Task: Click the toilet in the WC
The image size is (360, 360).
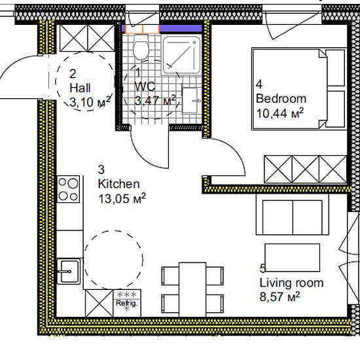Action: pyautogui.click(x=141, y=47)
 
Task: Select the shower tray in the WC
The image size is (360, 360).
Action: pyautogui.click(x=181, y=55)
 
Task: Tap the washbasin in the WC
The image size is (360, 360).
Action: pyautogui.click(x=190, y=100)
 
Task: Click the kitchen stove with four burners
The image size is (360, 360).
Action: pyautogui.click(x=68, y=189)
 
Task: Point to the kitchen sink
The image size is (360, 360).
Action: pyautogui.click(x=68, y=272)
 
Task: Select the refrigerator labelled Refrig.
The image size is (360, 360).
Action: pyautogui.click(x=127, y=303)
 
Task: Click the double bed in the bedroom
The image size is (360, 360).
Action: pyautogui.click(x=299, y=89)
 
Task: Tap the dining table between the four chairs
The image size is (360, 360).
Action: pyautogui.click(x=192, y=289)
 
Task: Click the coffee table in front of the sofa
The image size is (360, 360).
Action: pyautogui.click(x=293, y=258)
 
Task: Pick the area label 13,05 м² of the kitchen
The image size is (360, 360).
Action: pyautogui.click(x=122, y=198)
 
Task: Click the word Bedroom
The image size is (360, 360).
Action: pyautogui.click(x=281, y=99)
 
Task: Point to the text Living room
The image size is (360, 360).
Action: pyautogui.click(x=291, y=283)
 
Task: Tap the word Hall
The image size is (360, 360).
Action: pyautogui.click(x=80, y=88)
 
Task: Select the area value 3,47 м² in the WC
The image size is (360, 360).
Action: pyautogui.click(x=155, y=100)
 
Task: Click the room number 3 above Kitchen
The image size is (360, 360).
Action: pyautogui.click(x=101, y=170)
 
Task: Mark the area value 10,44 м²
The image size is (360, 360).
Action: pyautogui.click(x=280, y=113)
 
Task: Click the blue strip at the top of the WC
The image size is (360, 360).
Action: pyautogui.click(x=181, y=28)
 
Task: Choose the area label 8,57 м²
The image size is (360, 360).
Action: pyautogui.click(x=279, y=297)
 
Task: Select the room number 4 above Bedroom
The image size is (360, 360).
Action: pyautogui.click(x=259, y=84)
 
